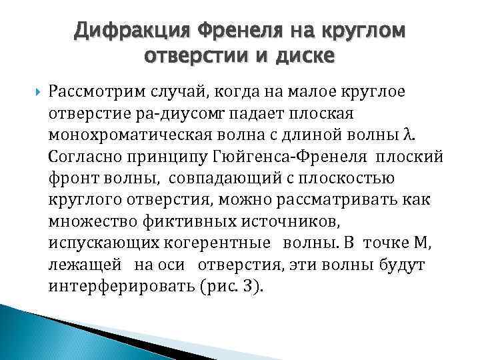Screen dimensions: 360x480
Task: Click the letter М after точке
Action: click(x=421, y=245)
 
